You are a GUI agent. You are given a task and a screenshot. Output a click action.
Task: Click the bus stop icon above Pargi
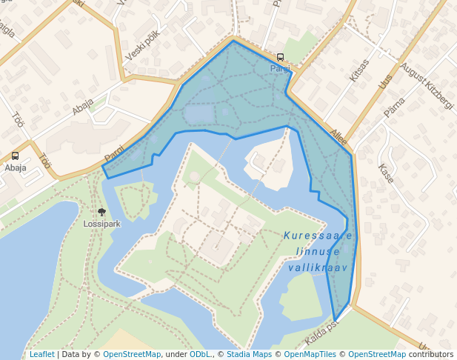coord(280,57)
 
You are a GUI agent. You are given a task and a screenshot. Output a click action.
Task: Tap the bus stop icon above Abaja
coord(15,156)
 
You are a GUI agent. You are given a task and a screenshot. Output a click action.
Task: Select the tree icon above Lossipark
coord(101,212)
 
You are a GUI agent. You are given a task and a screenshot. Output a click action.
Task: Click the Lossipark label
coord(101,222)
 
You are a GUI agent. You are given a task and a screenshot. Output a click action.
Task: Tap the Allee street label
coord(338,134)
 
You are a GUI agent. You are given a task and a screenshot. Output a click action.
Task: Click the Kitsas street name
coord(358,70)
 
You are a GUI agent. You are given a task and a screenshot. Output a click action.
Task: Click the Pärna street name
coord(395,107)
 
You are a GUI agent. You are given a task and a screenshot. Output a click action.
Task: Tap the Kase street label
coord(386,173)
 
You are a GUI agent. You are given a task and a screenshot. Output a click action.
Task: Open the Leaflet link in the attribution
coord(41,355)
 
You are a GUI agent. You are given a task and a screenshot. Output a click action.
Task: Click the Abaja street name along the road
coord(82,107)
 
